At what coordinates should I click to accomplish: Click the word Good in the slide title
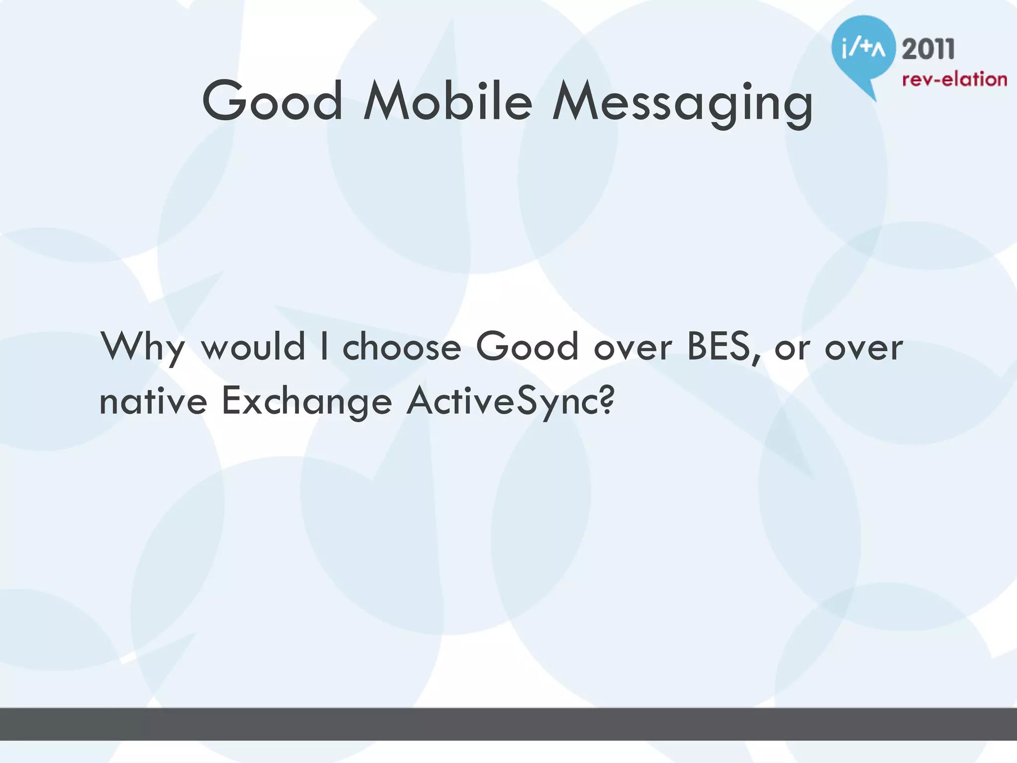click(x=272, y=101)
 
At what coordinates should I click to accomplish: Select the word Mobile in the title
click(x=448, y=101)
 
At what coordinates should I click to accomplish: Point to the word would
click(x=253, y=346)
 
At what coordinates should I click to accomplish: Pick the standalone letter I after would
click(x=324, y=346)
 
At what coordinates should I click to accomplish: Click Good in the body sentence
click(x=527, y=346)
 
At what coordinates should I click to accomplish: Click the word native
click(x=153, y=401)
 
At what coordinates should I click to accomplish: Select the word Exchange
click(x=306, y=401)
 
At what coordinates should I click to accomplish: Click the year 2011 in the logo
click(x=928, y=50)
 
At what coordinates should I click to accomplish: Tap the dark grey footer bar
click(x=508, y=724)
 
